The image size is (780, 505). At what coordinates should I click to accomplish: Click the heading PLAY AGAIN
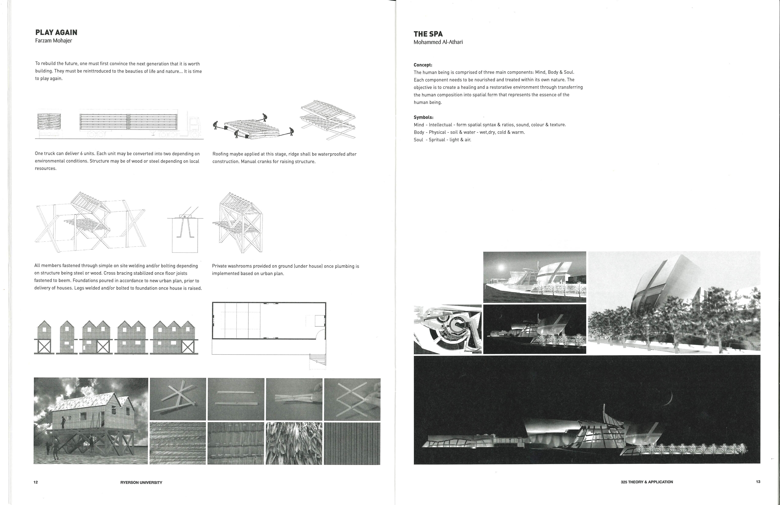[56, 32]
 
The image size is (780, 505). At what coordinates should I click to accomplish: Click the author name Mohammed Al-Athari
[438, 42]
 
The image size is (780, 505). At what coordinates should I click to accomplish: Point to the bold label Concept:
[423, 65]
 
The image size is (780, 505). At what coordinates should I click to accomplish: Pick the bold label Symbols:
[423, 117]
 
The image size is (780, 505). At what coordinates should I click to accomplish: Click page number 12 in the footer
[36, 482]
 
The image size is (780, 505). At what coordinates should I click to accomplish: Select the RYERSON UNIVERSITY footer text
[141, 482]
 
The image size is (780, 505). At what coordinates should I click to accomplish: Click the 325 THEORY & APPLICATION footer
[647, 482]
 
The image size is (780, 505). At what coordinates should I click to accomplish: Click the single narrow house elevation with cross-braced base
[44, 337]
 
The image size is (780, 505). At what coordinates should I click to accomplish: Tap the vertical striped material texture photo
[352, 443]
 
